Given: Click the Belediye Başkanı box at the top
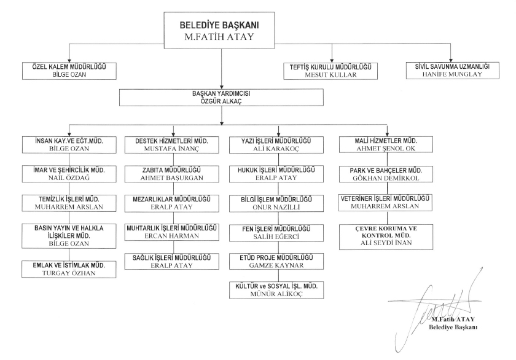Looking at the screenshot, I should click(x=220, y=31).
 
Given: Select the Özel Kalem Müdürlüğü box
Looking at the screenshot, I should click(x=68, y=70).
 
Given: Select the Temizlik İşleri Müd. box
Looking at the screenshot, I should click(x=68, y=204).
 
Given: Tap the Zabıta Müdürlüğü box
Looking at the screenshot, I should click(x=173, y=174).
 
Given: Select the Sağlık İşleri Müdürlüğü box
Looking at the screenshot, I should click(x=173, y=262).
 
